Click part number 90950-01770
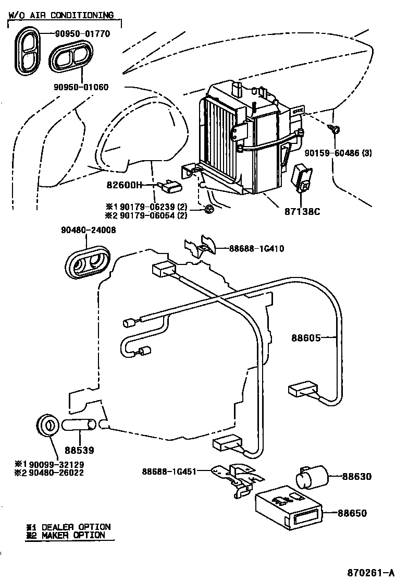(82, 34)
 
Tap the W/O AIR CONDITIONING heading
(61, 15)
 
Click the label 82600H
(125, 185)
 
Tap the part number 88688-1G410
(256, 248)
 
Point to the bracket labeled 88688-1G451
(236, 479)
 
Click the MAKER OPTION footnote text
(73, 535)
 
